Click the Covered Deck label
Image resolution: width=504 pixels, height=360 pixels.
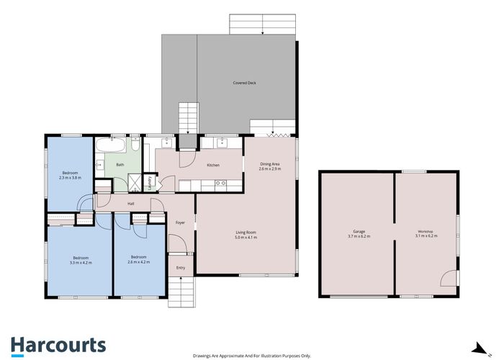click(x=244, y=83)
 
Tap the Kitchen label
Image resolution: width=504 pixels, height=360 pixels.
click(x=213, y=166)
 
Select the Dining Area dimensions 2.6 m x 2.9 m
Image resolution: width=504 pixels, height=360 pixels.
click(x=270, y=169)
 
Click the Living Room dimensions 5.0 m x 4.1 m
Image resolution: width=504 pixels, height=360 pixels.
click(x=246, y=237)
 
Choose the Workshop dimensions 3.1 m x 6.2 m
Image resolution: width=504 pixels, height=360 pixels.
click(x=425, y=237)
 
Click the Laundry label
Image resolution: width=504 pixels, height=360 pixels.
click(x=150, y=183)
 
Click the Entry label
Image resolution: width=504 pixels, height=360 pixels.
click(x=180, y=268)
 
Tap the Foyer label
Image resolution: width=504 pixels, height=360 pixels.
click(x=180, y=222)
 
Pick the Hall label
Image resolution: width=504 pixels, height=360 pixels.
click(x=131, y=204)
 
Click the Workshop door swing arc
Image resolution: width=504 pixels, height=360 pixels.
click(x=448, y=278)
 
